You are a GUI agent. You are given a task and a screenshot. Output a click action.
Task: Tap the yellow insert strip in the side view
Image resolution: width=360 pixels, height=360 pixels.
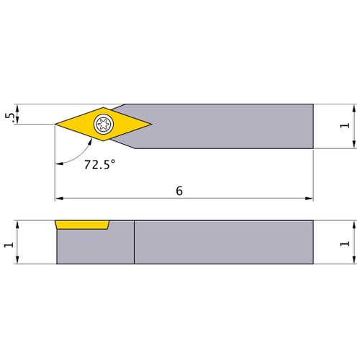82,225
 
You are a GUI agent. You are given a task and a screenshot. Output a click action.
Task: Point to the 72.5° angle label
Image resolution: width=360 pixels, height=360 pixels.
99,165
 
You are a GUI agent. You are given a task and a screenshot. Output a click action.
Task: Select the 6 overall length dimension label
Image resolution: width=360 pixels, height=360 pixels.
179,191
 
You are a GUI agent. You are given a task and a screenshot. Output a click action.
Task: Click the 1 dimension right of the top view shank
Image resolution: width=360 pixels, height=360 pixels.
344,125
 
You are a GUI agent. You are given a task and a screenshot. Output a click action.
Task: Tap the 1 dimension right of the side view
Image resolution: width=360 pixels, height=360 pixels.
344,243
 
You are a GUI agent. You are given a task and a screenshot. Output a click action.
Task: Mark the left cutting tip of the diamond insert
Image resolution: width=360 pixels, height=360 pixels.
56,125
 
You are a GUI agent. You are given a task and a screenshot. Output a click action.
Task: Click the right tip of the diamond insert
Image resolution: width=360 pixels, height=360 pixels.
152,125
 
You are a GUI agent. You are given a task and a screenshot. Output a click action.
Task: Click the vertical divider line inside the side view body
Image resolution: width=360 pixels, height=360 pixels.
134,243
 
